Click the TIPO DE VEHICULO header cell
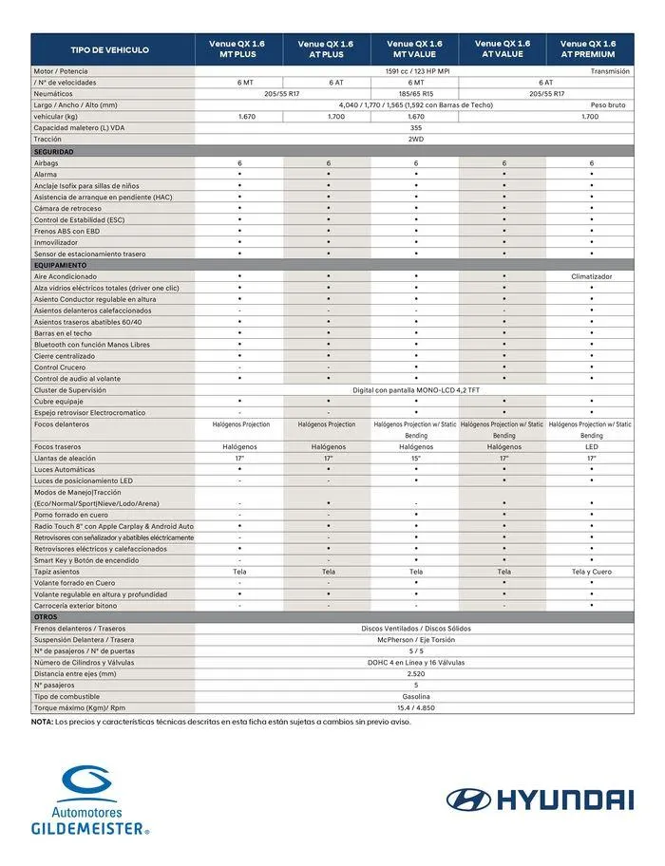pos(110,49)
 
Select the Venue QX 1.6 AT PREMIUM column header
pos(588,49)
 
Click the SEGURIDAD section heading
pos(54,152)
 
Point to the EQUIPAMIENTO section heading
pos(61,265)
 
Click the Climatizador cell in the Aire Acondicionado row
pos(591,276)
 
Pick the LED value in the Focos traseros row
pos(591,446)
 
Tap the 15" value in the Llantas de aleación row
pos(416,458)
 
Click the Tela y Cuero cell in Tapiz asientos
pos(591,572)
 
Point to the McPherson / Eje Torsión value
pos(415,639)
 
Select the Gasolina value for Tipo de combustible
pos(415,696)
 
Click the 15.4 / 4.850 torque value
pos(415,707)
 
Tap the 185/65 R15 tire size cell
pos(415,94)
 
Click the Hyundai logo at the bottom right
pos(539,800)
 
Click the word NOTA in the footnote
pos(42,722)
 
